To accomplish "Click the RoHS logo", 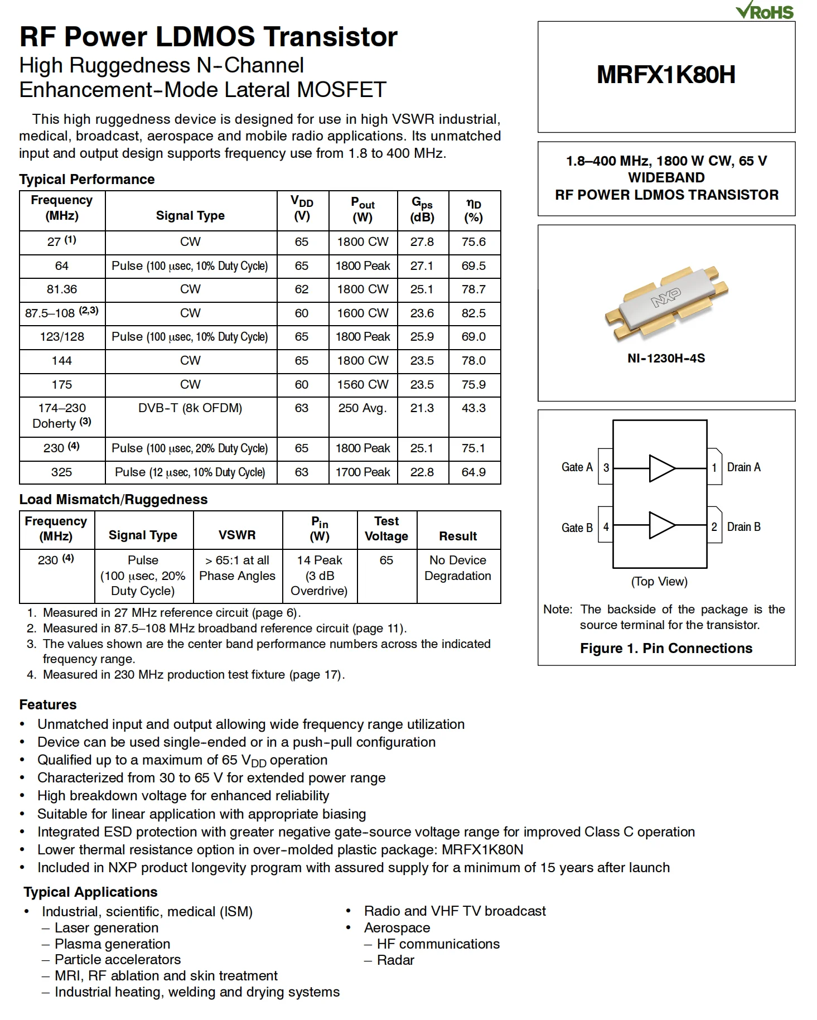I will point(765,11).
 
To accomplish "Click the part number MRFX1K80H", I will point(666,75).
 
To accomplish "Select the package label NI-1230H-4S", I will point(666,359).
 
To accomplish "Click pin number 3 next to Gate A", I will point(606,467).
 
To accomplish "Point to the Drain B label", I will point(743,527).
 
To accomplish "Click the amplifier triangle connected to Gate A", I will point(661,468).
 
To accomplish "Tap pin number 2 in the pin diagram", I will point(714,527).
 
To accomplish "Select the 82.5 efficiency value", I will point(473,313).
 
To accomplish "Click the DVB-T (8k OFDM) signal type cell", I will point(190,408).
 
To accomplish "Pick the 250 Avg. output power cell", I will point(362,408).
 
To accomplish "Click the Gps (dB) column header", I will point(422,210).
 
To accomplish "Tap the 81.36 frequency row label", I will point(62,289).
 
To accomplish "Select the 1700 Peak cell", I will point(362,472).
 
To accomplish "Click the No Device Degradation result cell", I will point(458,568).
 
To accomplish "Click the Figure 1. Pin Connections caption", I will point(666,649).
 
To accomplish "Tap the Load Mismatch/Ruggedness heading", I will point(113,500).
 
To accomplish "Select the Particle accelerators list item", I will point(118,960).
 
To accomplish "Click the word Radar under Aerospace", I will point(395,960).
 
